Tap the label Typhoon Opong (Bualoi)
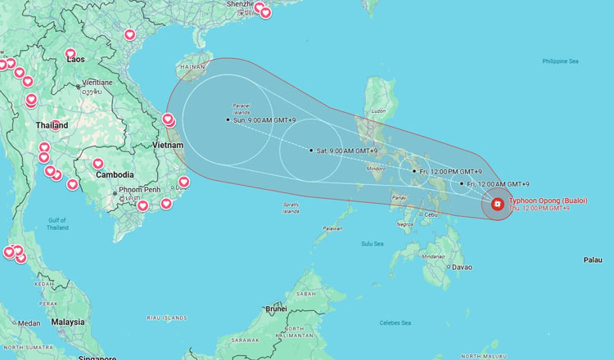point(548,200)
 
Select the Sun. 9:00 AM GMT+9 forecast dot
point(228,120)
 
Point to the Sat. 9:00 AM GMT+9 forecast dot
point(311,151)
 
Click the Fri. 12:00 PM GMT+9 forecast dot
point(414,171)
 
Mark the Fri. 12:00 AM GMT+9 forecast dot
point(462,184)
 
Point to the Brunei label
point(277,308)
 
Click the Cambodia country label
point(115,174)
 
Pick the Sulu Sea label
point(372,243)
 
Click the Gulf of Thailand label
point(56,223)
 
